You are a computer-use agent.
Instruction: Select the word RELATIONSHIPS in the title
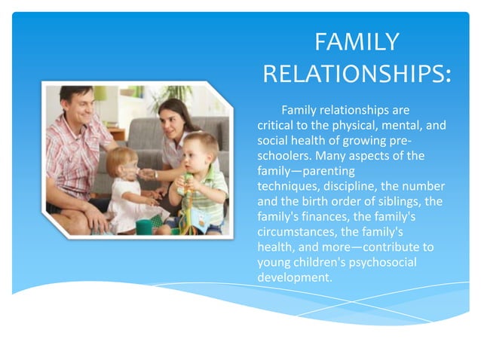355,75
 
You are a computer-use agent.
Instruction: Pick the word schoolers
284,156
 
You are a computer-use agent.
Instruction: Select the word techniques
288,186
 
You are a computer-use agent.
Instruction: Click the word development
294,276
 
